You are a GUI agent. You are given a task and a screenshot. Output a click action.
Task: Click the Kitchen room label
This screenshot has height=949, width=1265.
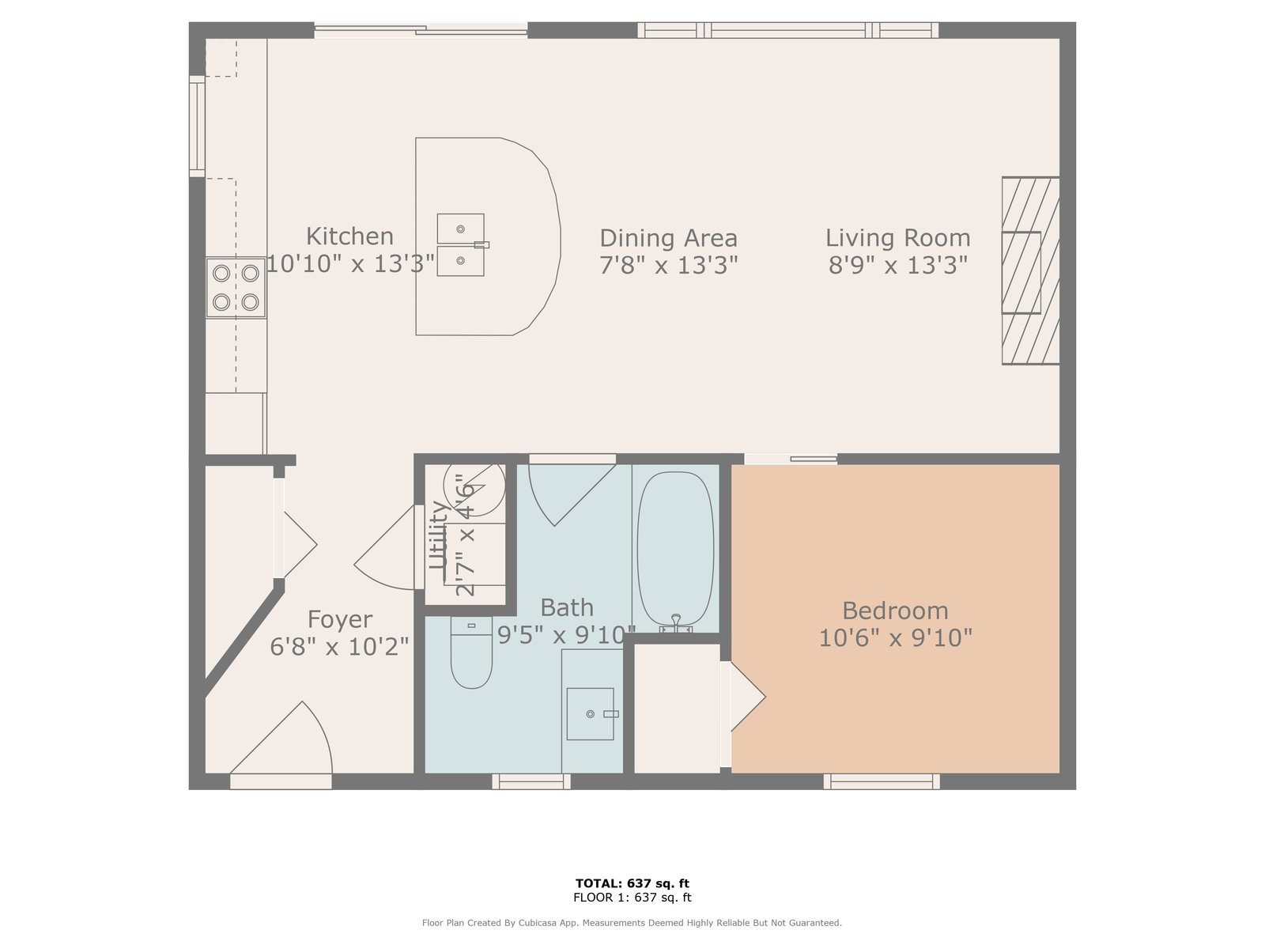pos(349,236)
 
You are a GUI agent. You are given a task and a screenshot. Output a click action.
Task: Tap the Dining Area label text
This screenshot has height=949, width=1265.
pos(669,238)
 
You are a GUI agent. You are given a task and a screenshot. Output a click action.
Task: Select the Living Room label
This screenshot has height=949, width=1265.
pos(898,237)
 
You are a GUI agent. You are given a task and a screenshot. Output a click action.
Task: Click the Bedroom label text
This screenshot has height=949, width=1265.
pos(895,611)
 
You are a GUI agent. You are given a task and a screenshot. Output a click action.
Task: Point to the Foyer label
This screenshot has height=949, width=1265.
pos(339,619)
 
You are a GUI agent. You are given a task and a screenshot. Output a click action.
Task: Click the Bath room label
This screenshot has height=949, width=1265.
pos(567,607)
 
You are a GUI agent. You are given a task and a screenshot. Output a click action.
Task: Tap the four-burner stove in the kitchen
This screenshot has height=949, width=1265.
pos(236,288)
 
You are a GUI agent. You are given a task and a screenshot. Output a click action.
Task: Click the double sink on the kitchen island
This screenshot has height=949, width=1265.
pos(461,245)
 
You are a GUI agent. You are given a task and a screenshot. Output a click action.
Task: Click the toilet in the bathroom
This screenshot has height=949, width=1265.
pos(471,653)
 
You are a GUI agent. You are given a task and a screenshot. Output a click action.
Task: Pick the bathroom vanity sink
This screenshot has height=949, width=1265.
pos(591,714)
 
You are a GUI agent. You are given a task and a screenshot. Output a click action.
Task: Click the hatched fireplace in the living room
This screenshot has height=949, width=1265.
pos(1030,270)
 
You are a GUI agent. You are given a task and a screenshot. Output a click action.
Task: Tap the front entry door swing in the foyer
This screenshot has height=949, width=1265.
pos(281,738)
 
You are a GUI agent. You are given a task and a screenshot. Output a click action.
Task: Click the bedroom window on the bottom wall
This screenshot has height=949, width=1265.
pos(882,782)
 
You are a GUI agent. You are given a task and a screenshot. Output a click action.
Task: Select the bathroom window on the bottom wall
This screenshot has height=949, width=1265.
pos(531,782)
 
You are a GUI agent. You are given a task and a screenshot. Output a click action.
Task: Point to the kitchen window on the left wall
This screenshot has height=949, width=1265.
pos(197,127)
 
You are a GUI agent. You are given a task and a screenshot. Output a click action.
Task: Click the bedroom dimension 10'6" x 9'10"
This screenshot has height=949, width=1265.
pos(896,638)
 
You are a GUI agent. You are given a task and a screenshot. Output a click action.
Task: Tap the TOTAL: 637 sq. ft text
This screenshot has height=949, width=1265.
pos(632,883)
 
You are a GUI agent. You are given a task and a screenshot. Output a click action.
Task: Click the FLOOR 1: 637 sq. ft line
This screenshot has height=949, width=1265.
pos(632,897)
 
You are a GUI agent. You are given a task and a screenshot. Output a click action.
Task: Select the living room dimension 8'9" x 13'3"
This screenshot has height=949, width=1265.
pos(898,265)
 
